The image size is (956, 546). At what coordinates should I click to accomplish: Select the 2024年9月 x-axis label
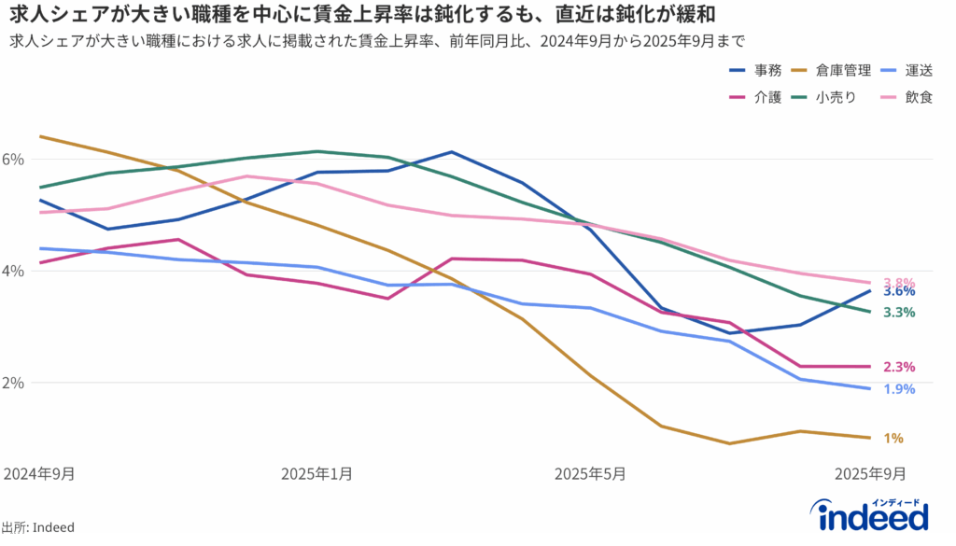click(39, 473)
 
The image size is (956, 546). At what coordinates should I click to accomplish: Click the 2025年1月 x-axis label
click(316, 473)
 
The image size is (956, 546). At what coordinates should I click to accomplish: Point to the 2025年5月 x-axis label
click(590, 473)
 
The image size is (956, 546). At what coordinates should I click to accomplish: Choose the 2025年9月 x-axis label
click(869, 473)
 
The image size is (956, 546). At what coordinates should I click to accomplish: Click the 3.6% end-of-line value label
click(898, 291)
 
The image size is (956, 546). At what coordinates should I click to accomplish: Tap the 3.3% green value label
click(898, 313)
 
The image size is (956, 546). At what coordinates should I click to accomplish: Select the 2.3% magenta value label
click(898, 367)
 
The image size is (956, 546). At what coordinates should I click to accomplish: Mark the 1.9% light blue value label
click(898, 389)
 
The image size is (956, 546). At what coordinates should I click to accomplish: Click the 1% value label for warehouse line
click(893, 438)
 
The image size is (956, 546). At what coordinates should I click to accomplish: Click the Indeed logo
click(872, 514)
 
